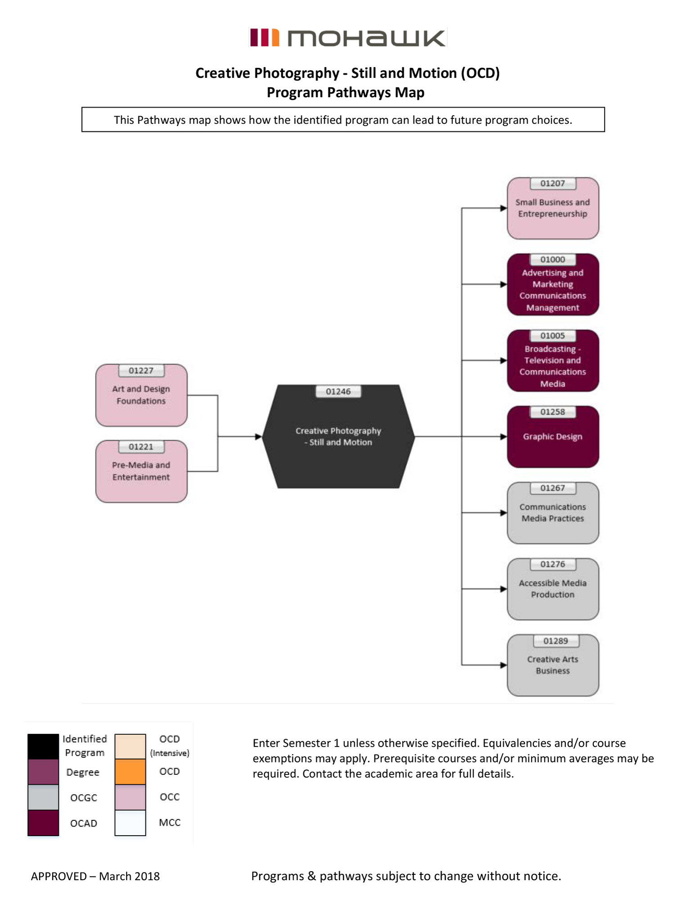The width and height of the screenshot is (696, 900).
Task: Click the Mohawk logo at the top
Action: [348, 38]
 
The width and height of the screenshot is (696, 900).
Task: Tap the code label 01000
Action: [552, 260]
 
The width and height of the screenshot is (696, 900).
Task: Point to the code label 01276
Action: [552, 564]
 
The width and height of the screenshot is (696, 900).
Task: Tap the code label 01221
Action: [141, 447]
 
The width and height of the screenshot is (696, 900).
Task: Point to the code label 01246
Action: [338, 391]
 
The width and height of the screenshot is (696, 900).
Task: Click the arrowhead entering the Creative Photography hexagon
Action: [258, 436]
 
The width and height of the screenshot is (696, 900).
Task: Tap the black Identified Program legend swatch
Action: [43, 746]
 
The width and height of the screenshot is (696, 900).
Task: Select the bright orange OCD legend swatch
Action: [130, 772]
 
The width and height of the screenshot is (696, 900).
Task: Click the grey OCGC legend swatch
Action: [43, 797]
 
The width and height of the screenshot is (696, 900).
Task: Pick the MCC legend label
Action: [170, 823]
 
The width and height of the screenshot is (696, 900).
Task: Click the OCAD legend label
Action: [84, 823]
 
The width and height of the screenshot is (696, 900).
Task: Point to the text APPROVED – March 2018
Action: [95, 876]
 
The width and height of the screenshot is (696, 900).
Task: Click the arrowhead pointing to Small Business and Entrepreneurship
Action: [503, 208]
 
